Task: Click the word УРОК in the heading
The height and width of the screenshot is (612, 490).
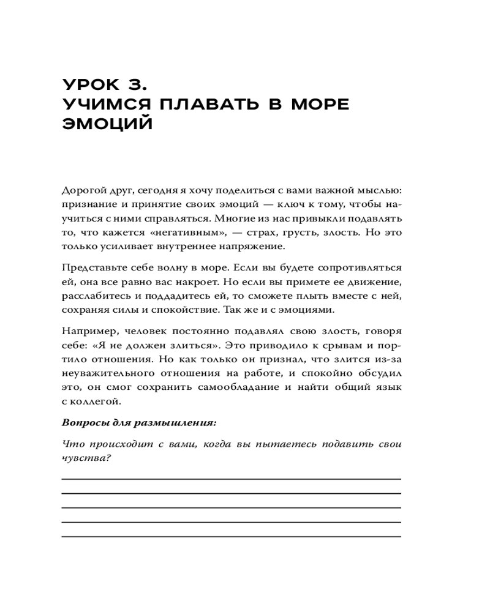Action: [x=90, y=84]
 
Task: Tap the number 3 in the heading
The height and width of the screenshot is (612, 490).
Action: [x=136, y=84]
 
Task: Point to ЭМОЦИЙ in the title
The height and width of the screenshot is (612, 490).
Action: [x=107, y=124]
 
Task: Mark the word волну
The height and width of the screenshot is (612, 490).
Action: [x=163, y=267]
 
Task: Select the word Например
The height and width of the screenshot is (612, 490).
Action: [x=86, y=331]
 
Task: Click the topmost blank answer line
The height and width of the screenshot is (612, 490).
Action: [x=232, y=479]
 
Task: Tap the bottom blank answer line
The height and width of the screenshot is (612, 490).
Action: [x=232, y=536]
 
